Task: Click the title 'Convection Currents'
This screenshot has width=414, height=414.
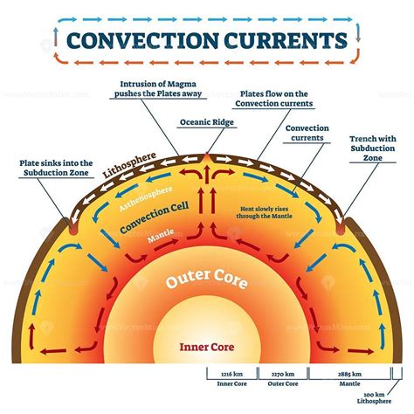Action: pyautogui.click(x=206, y=41)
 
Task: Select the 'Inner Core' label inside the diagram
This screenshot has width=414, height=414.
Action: pyautogui.click(x=206, y=345)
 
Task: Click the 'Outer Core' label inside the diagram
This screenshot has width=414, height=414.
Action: pyautogui.click(x=206, y=281)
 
